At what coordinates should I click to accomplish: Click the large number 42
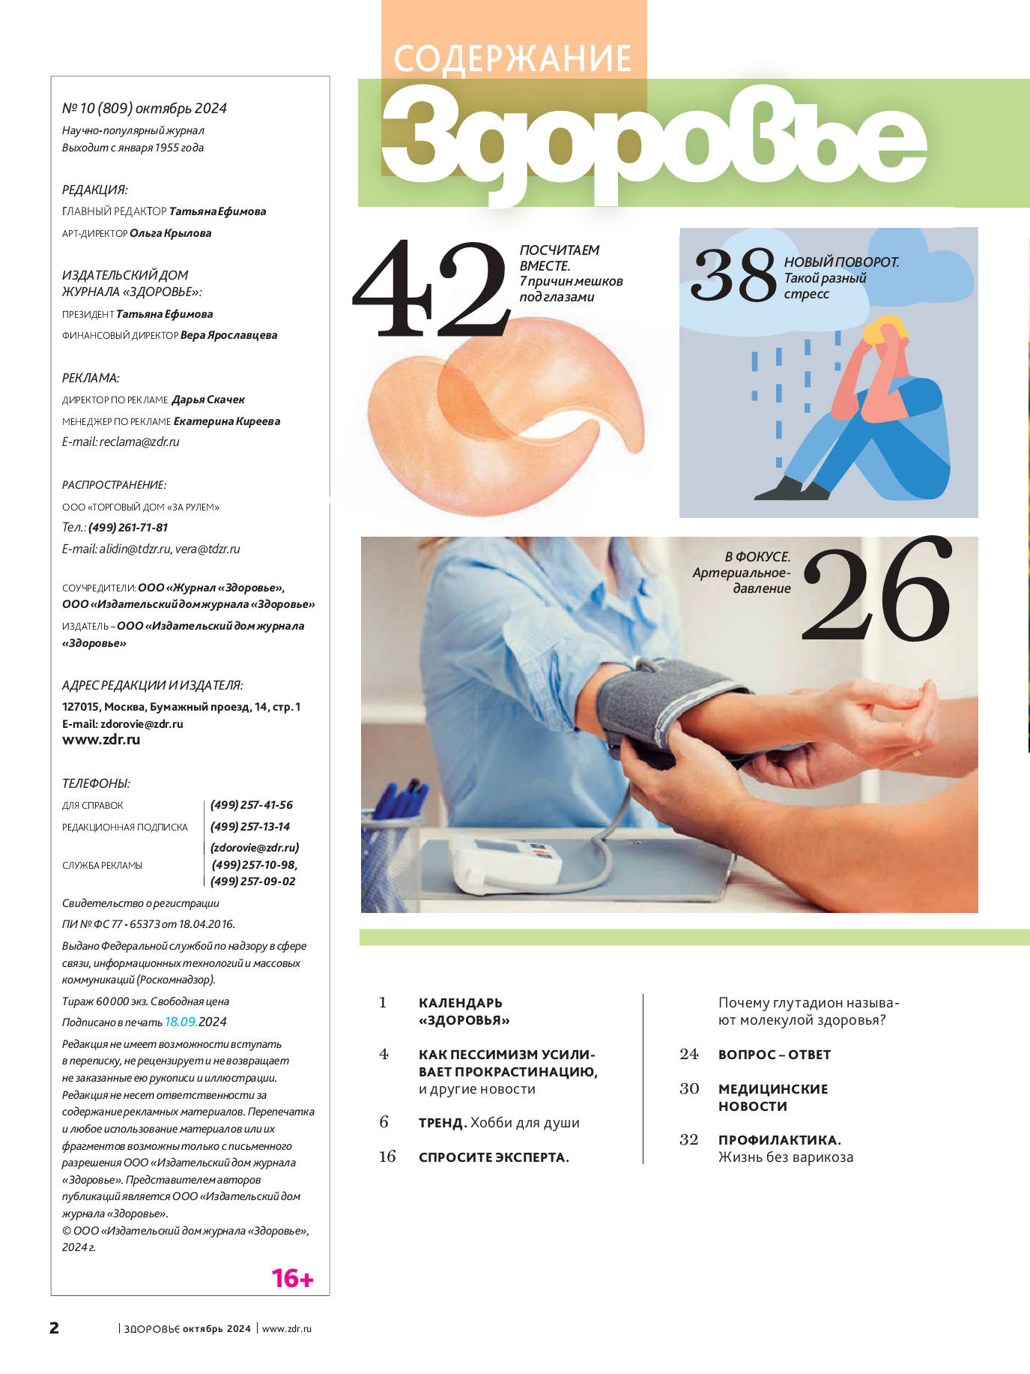(x=431, y=289)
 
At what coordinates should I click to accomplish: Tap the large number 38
(x=733, y=275)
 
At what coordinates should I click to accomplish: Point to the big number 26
(x=877, y=589)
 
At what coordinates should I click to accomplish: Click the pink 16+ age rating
(x=292, y=1278)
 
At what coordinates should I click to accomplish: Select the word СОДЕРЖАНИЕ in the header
(x=512, y=59)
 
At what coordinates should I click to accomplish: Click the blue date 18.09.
(x=181, y=1022)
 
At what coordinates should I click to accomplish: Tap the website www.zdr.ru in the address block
(x=101, y=739)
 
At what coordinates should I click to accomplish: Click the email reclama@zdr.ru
(x=139, y=442)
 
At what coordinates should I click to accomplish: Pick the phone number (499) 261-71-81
(x=128, y=527)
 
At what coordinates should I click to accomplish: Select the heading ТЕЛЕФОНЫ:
(x=96, y=783)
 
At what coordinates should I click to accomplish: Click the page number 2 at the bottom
(x=54, y=1328)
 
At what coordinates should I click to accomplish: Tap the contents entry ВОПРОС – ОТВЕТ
(x=775, y=1055)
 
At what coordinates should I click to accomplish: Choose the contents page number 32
(x=689, y=1139)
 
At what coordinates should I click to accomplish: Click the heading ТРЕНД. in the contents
(x=443, y=1123)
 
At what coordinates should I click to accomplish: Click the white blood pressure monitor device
(x=505, y=862)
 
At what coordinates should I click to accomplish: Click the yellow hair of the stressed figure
(x=884, y=328)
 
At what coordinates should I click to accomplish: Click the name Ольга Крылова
(x=171, y=233)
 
